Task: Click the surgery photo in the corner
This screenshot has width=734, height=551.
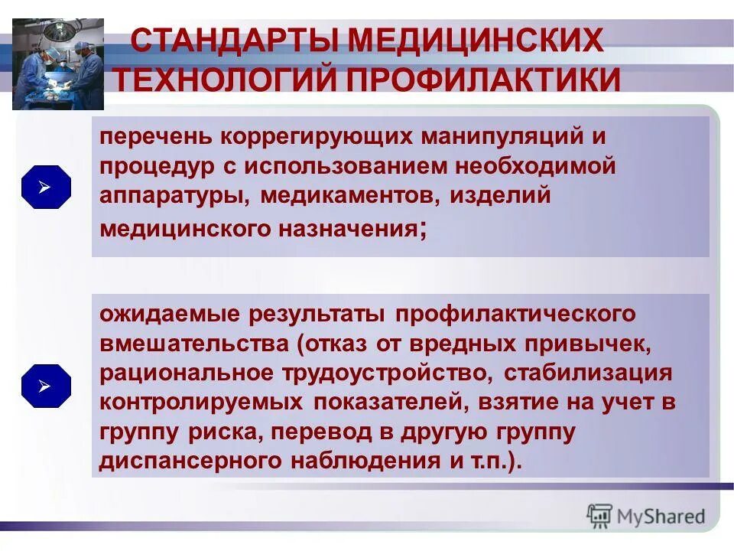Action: point(58,64)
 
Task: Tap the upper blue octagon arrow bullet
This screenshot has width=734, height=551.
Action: point(46,187)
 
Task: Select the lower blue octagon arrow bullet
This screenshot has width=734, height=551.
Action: point(46,386)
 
